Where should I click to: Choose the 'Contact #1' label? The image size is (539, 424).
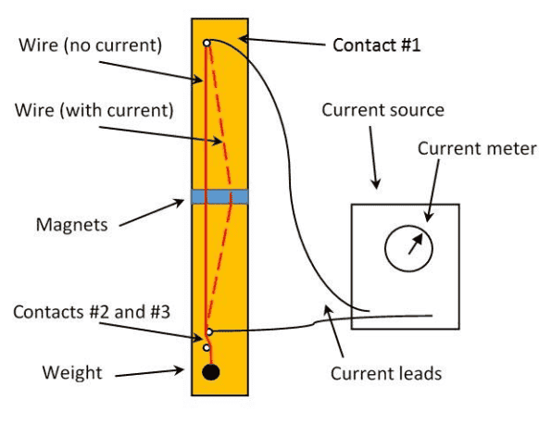click(377, 44)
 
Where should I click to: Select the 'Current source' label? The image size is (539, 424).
click(382, 110)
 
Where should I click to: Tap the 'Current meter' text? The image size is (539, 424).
click(476, 148)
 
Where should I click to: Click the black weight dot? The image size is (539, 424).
click(211, 372)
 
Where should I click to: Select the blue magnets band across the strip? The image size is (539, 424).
click(219, 196)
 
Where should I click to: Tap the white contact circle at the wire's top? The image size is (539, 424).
click(207, 43)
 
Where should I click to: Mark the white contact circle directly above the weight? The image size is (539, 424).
click(207, 348)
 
